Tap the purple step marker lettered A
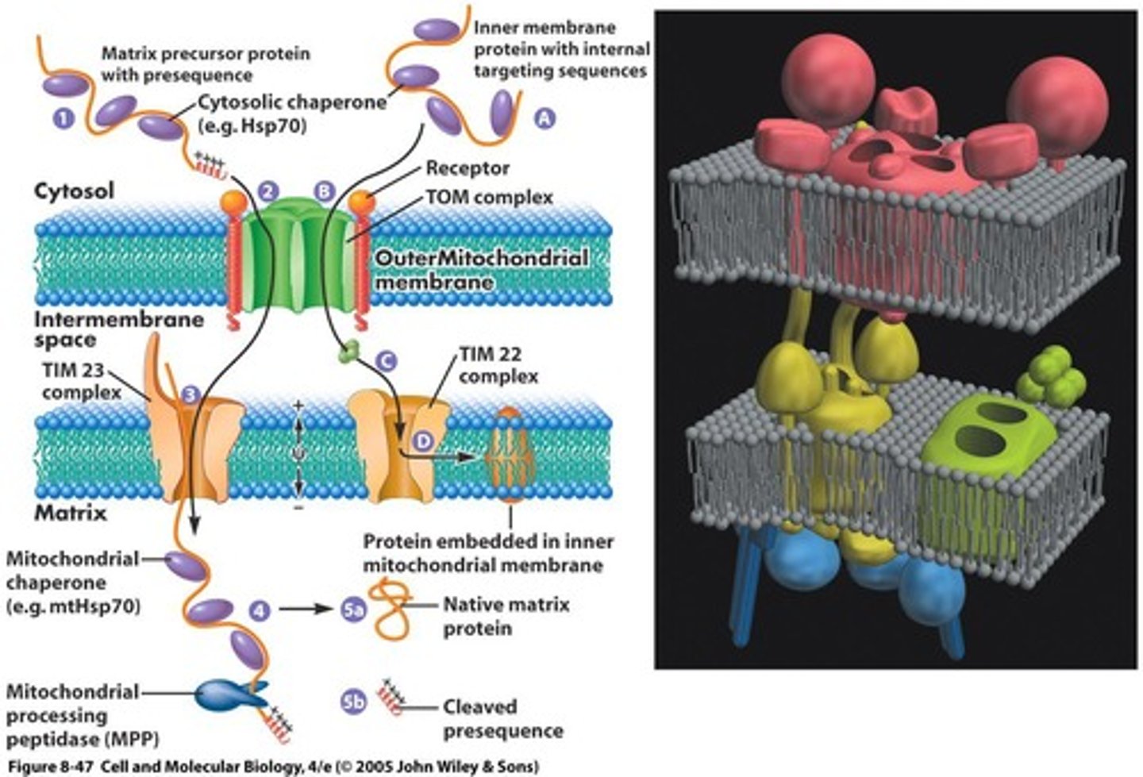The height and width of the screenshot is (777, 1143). [544, 119]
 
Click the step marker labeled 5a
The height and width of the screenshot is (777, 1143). [353, 610]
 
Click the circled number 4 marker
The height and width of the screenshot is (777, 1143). [260, 610]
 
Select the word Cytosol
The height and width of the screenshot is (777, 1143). [74, 190]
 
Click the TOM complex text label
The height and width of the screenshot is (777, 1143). [489, 197]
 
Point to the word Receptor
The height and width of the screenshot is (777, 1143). [468, 168]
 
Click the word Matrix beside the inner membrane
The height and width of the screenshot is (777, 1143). [70, 513]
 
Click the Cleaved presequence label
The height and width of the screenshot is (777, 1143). [502, 718]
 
